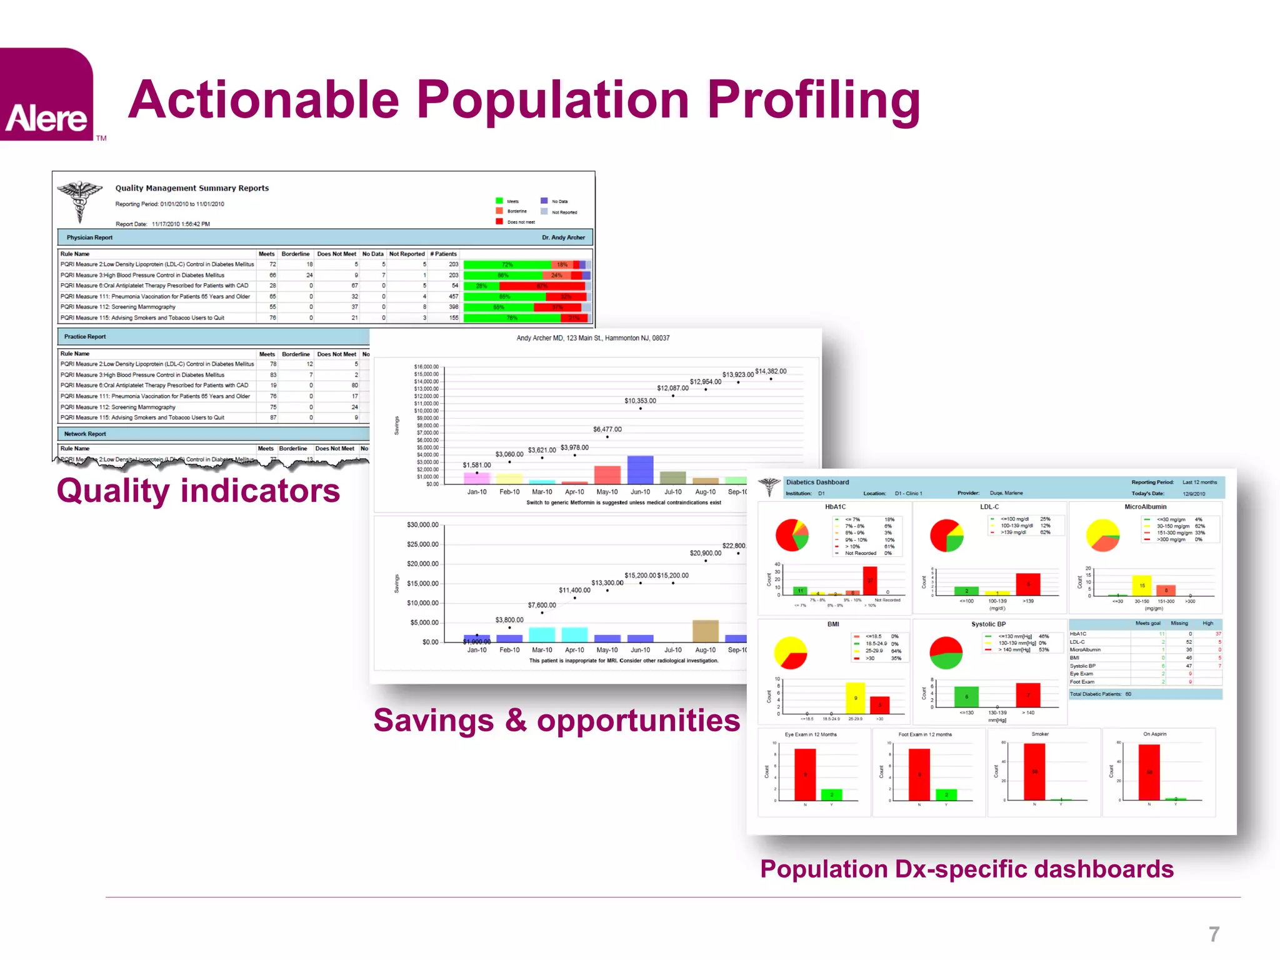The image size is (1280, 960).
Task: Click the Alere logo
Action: [47, 95]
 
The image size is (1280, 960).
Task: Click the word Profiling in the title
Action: [814, 100]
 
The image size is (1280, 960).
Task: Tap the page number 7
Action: [1214, 934]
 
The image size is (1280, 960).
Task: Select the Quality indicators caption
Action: [198, 491]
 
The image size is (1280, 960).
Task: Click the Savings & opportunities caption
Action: [556, 721]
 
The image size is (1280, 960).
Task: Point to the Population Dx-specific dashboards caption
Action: [966, 869]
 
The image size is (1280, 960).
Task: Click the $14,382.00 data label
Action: [771, 371]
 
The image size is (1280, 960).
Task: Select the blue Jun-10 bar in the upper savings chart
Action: [640, 469]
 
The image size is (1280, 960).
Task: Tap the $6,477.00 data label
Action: [607, 429]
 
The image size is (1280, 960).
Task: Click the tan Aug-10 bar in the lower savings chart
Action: [705, 631]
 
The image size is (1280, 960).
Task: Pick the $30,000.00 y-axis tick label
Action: [422, 525]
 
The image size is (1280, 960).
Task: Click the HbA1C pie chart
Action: [792, 535]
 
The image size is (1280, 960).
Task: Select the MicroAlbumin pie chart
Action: [1102, 536]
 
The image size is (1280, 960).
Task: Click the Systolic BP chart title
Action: [988, 624]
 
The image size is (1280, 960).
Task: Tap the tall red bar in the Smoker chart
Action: [1034, 771]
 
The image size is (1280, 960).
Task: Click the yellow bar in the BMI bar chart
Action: [855, 697]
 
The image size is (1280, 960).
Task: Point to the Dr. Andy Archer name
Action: [563, 237]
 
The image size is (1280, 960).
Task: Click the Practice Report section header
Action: [86, 336]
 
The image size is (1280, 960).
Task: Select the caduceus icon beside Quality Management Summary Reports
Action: [80, 200]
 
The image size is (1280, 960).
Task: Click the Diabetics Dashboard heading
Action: [817, 482]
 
